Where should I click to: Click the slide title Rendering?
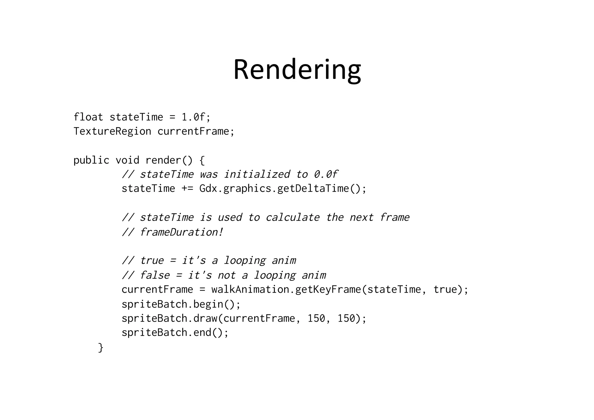click(x=297, y=70)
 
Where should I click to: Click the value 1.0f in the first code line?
click(x=193, y=117)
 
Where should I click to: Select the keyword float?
click(x=88, y=117)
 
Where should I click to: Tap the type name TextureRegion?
click(x=112, y=131)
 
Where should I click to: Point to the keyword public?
click(x=91, y=160)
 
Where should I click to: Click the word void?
click(x=127, y=160)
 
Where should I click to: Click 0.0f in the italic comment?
click(x=326, y=174)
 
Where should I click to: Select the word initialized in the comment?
click(x=257, y=174)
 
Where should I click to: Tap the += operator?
click(x=187, y=189)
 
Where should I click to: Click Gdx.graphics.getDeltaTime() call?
click(x=283, y=189)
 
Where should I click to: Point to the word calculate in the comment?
click(x=292, y=217)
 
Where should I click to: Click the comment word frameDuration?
click(x=181, y=232)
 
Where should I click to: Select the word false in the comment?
click(x=155, y=275)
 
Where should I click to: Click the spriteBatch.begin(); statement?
click(x=181, y=304)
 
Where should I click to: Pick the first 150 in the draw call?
click(x=316, y=318)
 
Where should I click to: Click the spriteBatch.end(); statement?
click(x=175, y=333)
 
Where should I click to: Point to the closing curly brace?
click(x=101, y=347)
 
